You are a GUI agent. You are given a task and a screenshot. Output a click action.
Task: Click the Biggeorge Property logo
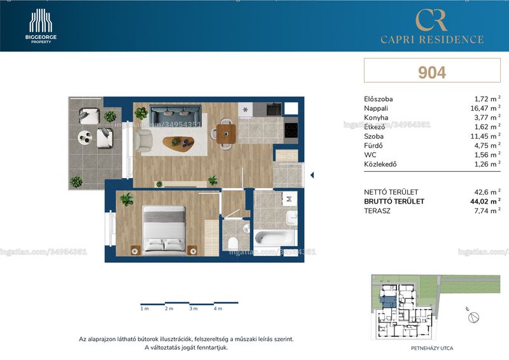point(41,26)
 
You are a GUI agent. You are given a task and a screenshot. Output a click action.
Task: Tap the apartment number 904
point(432,73)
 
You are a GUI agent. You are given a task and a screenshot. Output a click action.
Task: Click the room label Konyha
point(376,118)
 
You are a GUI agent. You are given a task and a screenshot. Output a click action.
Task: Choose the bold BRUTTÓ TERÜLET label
point(394,201)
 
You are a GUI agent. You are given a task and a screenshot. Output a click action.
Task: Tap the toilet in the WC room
point(233,243)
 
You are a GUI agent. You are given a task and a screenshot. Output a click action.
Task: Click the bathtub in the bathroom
point(275,238)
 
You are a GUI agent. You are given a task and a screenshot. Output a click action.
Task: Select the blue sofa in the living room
point(176,113)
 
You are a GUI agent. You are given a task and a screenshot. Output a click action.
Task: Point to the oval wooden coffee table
point(179,142)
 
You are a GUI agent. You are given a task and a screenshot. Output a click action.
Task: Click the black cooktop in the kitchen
point(291,130)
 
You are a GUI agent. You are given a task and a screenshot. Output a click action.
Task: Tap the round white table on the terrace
point(85,137)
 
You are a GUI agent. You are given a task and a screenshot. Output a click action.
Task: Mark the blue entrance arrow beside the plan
point(312,176)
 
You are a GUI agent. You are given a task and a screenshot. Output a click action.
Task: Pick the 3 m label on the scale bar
point(193,308)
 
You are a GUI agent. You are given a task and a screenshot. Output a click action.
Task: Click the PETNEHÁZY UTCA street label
point(432,349)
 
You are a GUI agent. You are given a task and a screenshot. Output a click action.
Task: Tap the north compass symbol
point(473,317)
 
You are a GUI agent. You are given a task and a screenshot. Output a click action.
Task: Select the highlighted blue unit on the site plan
point(388,301)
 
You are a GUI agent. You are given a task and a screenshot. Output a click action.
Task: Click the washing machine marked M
point(289,198)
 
